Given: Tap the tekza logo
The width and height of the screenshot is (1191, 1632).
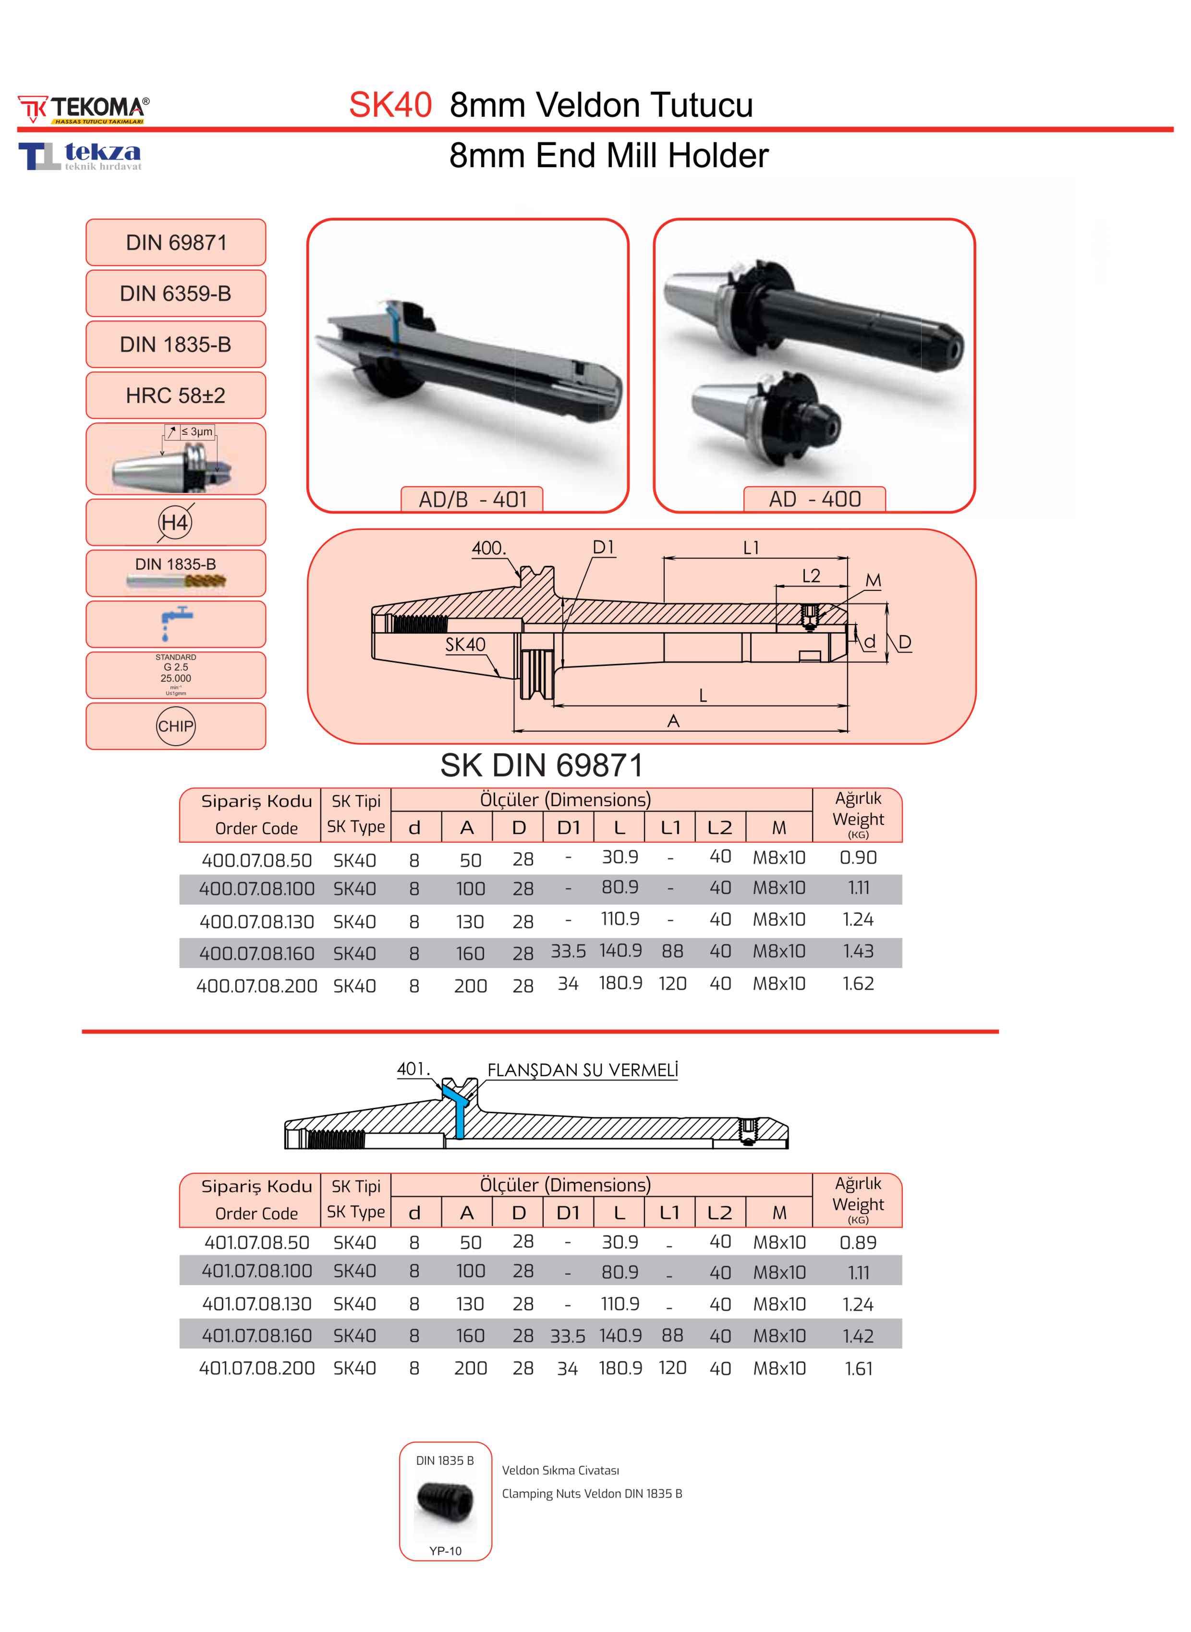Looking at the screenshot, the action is pyautogui.click(x=80, y=156).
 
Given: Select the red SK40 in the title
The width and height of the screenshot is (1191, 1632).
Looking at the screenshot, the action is pyautogui.click(x=390, y=105).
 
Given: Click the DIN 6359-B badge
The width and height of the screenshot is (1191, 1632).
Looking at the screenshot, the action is pyautogui.click(x=176, y=294).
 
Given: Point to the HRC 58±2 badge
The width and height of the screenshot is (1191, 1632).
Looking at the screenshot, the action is pyautogui.click(x=176, y=395).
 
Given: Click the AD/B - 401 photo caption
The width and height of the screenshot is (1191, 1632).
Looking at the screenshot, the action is pyautogui.click(x=472, y=499).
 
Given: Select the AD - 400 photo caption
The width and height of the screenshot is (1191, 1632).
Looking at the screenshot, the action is pyautogui.click(x=814, y=499).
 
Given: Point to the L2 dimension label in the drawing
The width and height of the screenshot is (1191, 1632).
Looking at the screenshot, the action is pyautogui.click(x=811, y=576).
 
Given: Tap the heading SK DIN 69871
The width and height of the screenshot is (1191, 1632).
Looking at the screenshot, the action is pyautogui.click(x=541, y=765).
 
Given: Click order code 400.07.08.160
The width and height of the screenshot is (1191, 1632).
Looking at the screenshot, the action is pyautogui.click(x=256, y=953).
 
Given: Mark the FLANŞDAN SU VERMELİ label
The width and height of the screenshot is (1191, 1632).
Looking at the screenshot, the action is pyautogui.click(x=583, y=1070).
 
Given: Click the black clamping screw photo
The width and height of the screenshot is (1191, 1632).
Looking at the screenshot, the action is pyautogui.click(x=446, y=1501).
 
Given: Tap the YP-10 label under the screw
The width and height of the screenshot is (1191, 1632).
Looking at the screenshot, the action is pyautogui.click(x=446, y=1550).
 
